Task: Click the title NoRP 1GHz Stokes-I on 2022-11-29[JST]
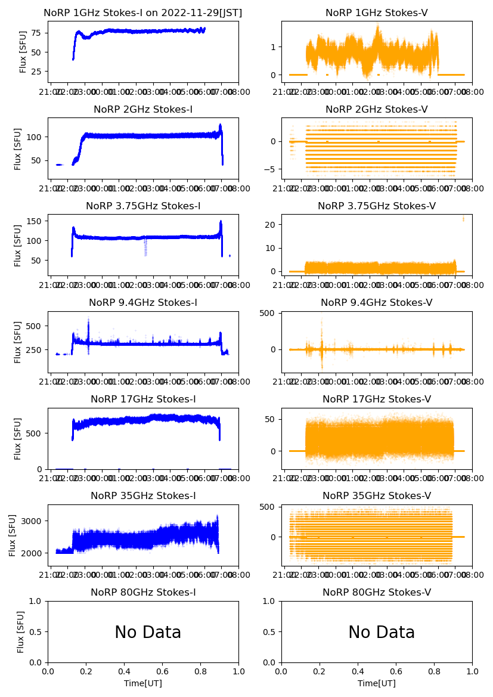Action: point(143,13)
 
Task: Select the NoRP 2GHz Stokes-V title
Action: point(377,110)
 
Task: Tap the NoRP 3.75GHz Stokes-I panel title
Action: point(143,206)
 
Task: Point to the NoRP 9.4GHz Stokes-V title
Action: point(377,303)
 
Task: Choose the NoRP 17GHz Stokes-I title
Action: point(143,399)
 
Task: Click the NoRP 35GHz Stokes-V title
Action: point(377,496)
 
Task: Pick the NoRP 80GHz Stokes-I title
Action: point(143,593)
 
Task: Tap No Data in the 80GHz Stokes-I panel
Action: point(148,633)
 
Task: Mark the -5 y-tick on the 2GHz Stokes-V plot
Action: point(271,169)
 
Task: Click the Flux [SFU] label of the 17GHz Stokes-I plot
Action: point(18,439)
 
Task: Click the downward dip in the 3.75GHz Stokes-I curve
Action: point(145,249)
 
